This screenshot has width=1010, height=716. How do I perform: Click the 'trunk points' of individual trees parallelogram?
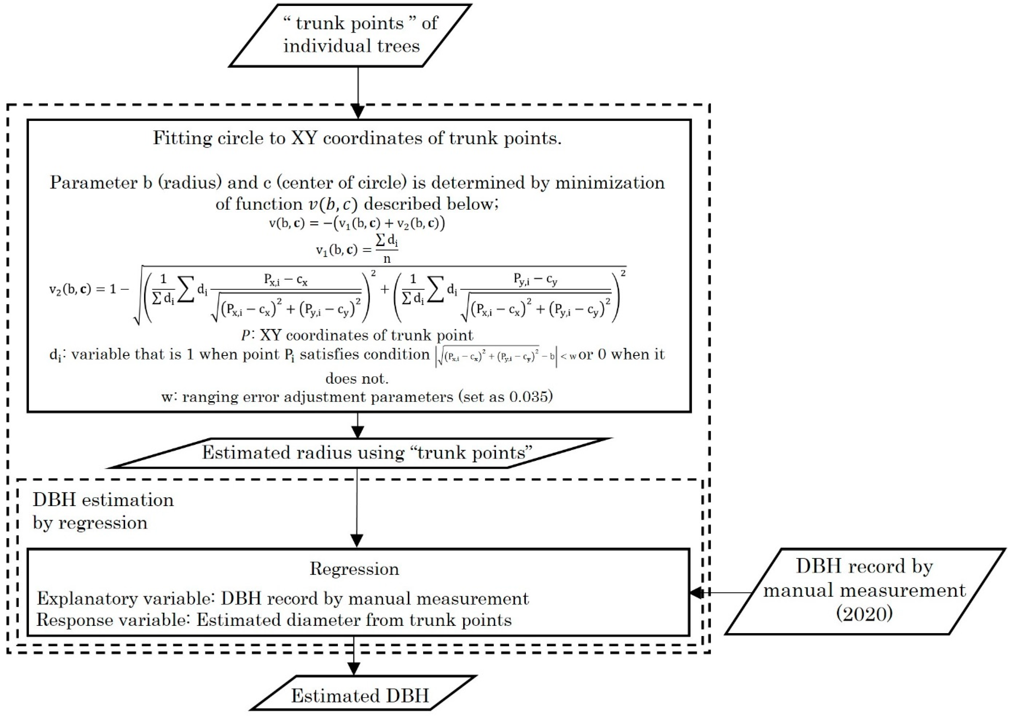pyautogui.click(x=351, y=35)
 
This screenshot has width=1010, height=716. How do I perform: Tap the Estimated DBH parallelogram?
pyautogui.click(x=360, y=695)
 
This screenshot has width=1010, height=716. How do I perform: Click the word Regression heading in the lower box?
pyautogui.click(x=354, y=569)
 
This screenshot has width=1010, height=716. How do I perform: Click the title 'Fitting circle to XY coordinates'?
pyautogui.click(x=357, y=138)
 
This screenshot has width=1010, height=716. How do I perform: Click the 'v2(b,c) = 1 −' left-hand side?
pyautogui.click(x=88, y=290)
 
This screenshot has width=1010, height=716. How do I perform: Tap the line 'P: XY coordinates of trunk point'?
pyautogui.click(x=357, y=335)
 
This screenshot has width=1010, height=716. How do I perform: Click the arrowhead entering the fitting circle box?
pyautogui.click(x=358, y=112)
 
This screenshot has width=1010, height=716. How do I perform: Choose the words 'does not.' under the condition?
pyautogui.click(x=357, y=378)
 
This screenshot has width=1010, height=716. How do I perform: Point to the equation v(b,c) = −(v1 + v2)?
pyautogui.click(x=357, y=224)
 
